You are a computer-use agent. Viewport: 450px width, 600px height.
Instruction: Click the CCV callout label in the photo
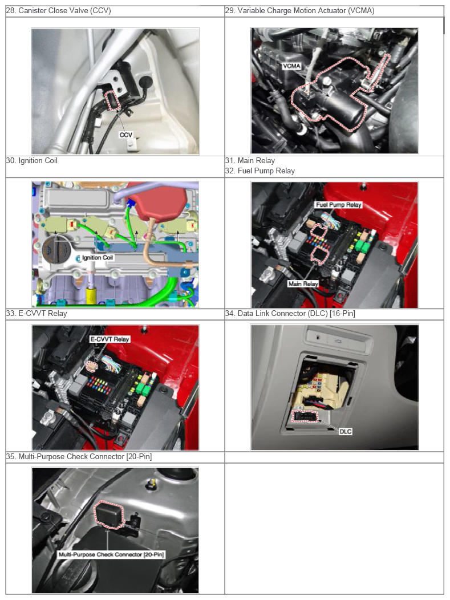tap(125, 135)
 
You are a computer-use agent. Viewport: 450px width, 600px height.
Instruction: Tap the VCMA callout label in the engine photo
tap(291, 66)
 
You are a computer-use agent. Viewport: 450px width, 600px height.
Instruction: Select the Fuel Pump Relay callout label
tap(338, 205)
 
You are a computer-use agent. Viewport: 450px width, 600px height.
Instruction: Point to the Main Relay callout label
tap(303, 283)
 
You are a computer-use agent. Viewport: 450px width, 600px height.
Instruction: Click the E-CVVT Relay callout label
tap(110, 339)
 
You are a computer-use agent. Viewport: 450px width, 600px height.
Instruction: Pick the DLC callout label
tap(345, 431)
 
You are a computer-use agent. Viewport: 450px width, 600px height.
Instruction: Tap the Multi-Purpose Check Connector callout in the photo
tap(111, 554)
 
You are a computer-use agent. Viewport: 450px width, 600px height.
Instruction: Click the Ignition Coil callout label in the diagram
tap(98, 258)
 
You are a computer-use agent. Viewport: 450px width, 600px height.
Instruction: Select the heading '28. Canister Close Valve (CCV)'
tap(59, 11)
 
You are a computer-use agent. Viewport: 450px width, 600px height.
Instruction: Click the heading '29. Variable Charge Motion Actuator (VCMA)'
tap(299, 11)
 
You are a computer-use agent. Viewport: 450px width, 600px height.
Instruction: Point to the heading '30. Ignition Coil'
tap(32, 161)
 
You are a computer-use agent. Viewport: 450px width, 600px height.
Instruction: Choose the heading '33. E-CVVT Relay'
tap(37, 314)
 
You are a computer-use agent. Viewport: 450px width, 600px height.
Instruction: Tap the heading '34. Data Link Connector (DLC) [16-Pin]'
tap(290, 314)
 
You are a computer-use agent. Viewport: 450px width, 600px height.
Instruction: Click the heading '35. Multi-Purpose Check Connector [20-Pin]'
tap(79, 456)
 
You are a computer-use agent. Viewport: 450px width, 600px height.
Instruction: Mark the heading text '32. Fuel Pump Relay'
tap(260, 171)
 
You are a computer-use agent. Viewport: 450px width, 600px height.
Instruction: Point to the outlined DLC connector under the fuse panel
tap(306, 416)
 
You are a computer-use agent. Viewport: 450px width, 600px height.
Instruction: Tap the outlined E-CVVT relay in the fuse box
tap(92, 366)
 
